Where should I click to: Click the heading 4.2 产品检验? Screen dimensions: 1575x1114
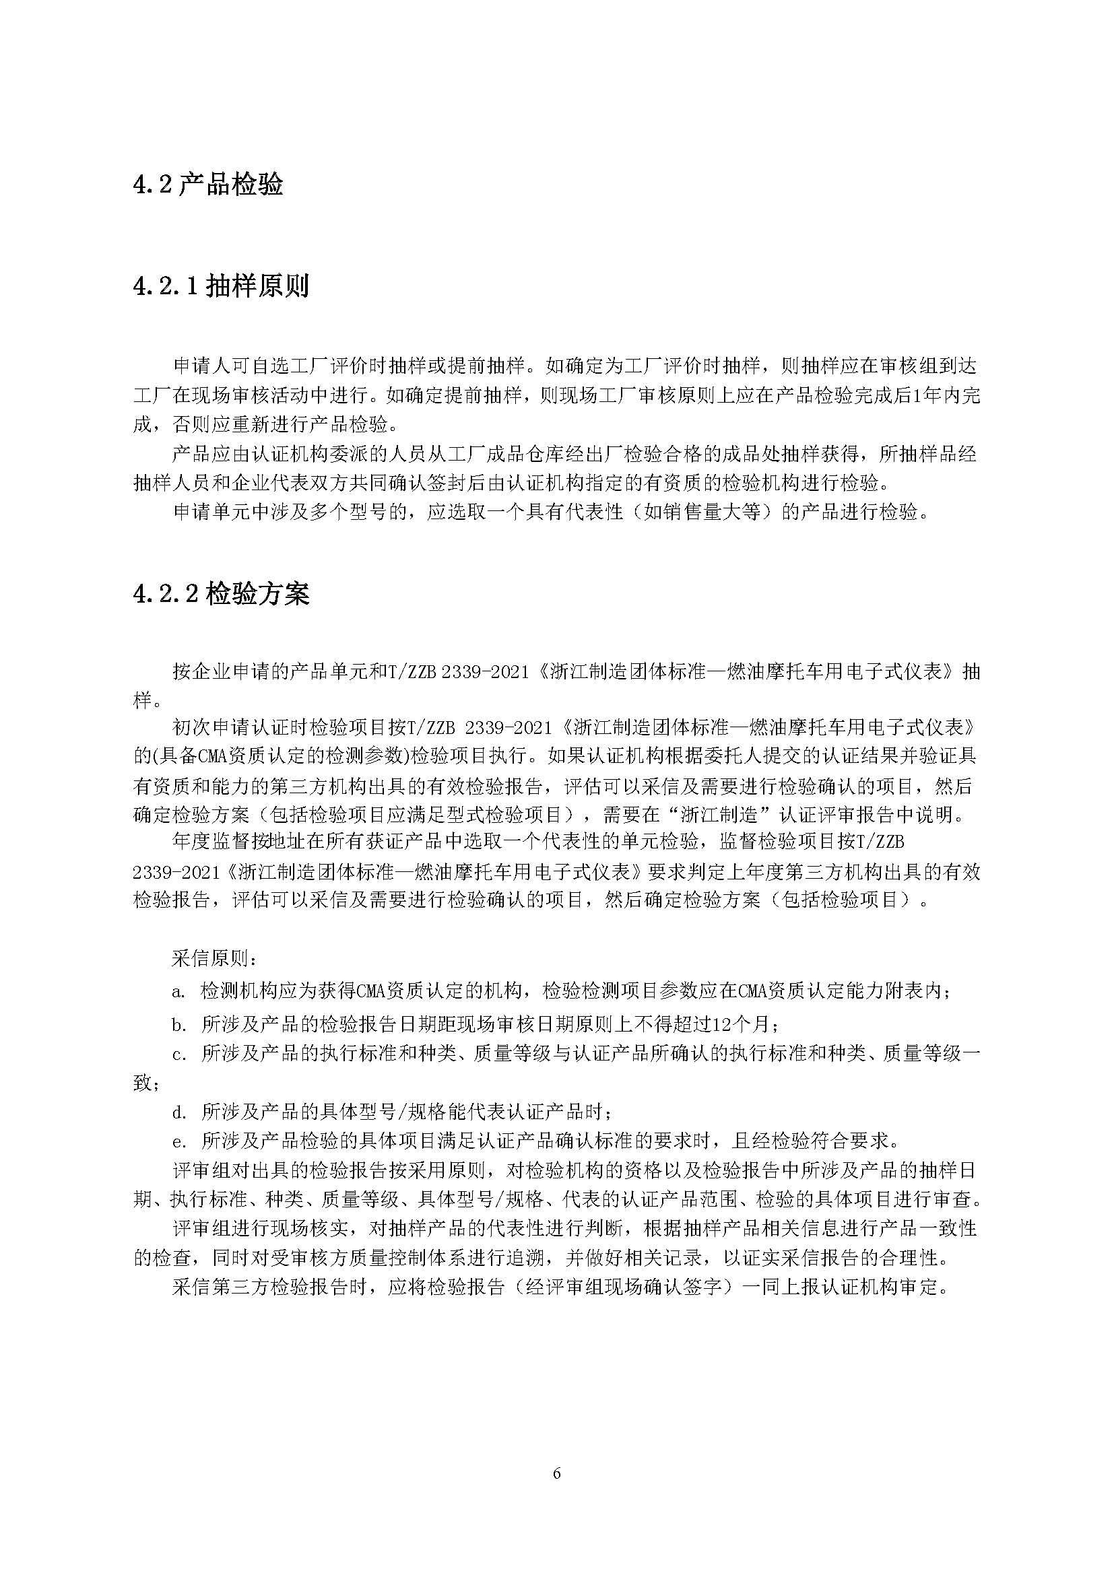coord(208,185)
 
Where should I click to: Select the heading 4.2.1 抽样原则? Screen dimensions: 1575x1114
coord(221,286)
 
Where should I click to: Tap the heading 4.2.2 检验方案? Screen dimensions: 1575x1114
coord(221,593)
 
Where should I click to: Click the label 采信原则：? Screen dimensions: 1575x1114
coord(216,958)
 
